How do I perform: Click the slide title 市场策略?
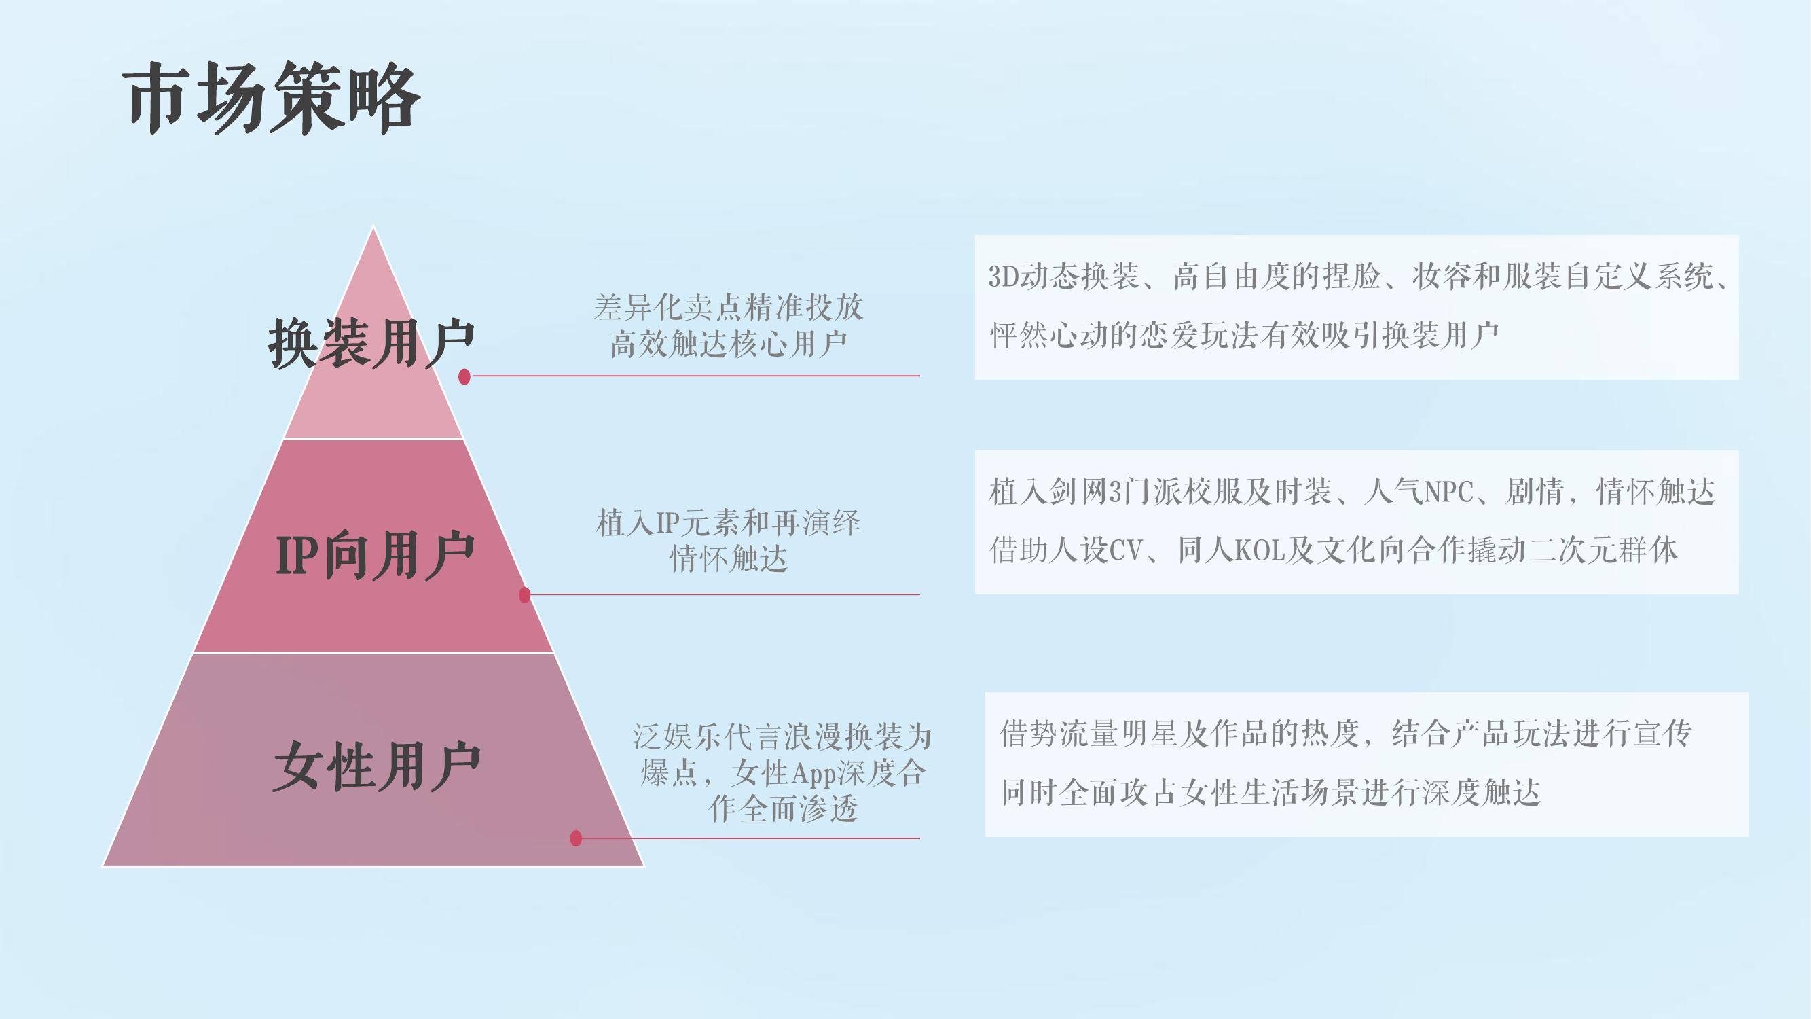click(x=273, y=98)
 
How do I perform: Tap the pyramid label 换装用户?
click(x=372, y=343)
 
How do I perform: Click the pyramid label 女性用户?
click(x=376, y=766)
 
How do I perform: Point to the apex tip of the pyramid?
click(x=373, y=226)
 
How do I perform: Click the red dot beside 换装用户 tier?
click(x=464, y=377)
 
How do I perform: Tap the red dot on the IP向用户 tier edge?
click(x=524, y=595)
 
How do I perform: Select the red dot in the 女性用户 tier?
click(x=576, y=838)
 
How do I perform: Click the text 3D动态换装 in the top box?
click(x=1063, y=276)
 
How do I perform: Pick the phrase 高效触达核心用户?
click(x=729, y=344)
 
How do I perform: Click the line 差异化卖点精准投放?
click(x=729, y=307)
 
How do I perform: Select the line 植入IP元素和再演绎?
click(x=729, y=523)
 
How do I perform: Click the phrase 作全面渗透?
click(x=783, y=808)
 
